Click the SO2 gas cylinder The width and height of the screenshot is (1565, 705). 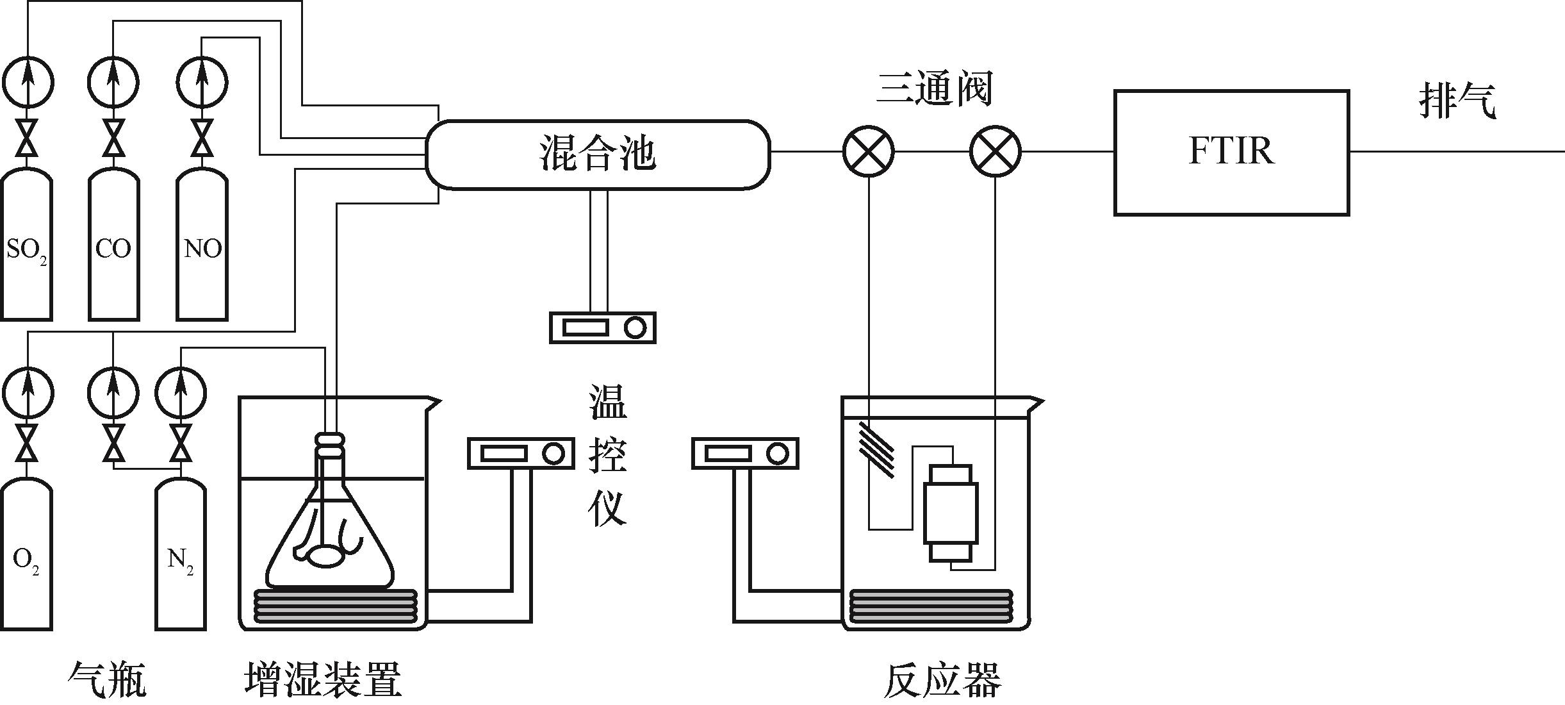coord(27,247)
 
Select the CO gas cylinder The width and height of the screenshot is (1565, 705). coord(113,247)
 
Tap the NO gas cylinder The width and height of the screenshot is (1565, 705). coord(202,247)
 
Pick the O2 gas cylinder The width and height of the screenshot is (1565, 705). coord(26,558)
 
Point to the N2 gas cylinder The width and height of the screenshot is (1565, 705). coord(181,558)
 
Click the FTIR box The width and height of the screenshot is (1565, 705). coord(1231,153)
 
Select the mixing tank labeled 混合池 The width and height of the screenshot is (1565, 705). coord(598,154)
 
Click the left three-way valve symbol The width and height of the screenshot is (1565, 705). coord(868,152)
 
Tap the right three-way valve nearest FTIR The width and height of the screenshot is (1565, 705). coord(996,152)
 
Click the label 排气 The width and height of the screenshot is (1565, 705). coord(1457,101)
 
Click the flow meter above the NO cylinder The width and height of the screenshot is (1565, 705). coord(202,82)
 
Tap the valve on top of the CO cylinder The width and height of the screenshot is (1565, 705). coord(113,138)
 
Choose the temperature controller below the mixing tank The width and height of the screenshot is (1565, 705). coord(602,328)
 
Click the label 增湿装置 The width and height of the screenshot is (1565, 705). coord(323,680)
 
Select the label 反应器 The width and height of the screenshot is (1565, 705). coord(942,680)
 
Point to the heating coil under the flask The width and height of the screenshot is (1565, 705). coord(335,606)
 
